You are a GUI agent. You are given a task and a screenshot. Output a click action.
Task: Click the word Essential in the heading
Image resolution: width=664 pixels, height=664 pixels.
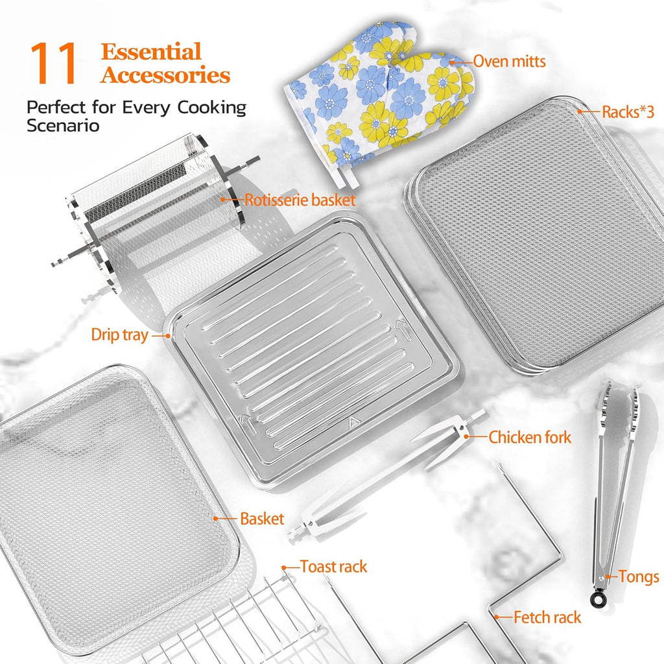[151, 52]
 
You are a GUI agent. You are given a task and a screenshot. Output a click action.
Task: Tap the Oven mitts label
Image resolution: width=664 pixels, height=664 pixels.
[509, 62]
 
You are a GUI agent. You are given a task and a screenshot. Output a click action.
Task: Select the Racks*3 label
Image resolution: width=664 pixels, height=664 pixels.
[627, 112]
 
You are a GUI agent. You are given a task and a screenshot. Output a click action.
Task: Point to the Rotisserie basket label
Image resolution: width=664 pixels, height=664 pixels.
[300, 200]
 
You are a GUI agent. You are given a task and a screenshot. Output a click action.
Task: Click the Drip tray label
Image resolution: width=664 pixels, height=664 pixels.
[119, 336]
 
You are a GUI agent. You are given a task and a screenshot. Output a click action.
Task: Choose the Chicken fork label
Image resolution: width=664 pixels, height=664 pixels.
[530, 437]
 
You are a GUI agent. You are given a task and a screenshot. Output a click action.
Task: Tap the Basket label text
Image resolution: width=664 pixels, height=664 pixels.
[262, 519]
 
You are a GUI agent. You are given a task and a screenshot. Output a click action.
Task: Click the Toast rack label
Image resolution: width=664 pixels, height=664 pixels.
[333, 567]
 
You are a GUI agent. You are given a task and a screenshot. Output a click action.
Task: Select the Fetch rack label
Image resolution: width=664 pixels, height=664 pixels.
[547, 617]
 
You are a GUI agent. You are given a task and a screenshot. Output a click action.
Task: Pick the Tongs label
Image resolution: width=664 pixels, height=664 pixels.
[638, 576]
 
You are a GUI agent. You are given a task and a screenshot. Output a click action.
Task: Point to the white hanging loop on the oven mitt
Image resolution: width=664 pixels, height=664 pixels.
[348, 174]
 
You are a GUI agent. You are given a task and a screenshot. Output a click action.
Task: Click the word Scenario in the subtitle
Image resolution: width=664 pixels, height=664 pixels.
[63, 126]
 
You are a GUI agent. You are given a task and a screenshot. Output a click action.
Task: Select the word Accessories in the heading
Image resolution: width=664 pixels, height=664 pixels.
[165, 76]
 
